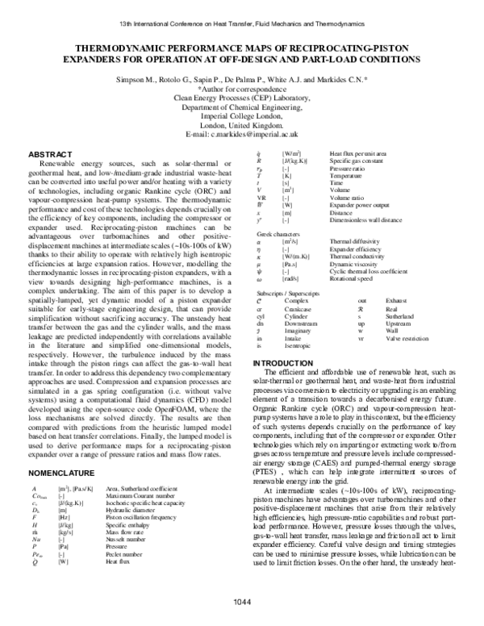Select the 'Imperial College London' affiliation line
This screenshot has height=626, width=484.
pyautogui.click(x=242, y=115)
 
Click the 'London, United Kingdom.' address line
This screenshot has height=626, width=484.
pyautogui.click(x=242, y=124)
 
